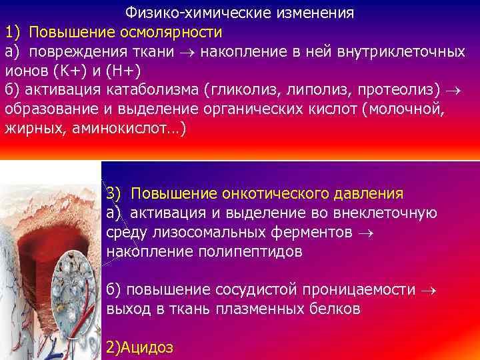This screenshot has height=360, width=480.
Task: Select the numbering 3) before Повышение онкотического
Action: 114,194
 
